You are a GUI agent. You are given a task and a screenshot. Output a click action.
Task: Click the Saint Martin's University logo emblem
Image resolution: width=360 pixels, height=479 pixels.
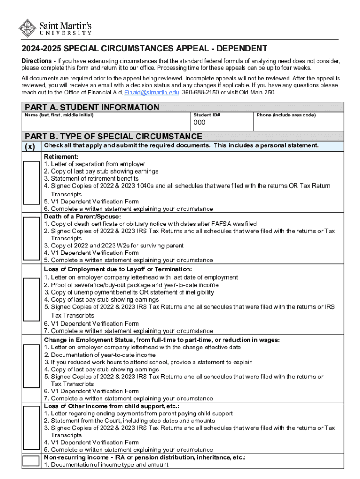pos(28,28)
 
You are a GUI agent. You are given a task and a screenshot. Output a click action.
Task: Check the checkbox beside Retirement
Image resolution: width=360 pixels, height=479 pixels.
pos(31,182)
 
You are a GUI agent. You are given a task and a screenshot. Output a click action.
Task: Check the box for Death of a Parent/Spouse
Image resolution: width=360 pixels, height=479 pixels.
pos(31,239)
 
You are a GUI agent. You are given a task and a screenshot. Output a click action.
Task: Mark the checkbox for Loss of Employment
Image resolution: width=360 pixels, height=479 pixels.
pos(31,300)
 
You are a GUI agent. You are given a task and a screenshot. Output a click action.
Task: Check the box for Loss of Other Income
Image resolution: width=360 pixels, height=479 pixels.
pos(31,428)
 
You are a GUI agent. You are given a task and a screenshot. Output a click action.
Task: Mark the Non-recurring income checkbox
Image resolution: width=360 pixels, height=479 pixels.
pos(31,461)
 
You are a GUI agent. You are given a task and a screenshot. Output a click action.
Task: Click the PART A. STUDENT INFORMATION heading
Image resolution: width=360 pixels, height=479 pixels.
pos(92,108)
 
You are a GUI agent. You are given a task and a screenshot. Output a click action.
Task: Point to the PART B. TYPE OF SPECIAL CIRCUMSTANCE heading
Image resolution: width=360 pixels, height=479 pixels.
pos(114,136)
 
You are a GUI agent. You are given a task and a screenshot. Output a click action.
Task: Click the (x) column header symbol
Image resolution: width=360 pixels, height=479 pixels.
pos(31,146)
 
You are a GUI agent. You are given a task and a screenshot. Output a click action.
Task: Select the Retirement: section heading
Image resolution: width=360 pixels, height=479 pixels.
pos(61,157)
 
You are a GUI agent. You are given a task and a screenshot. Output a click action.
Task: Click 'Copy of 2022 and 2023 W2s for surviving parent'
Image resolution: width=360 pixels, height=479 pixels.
pos(114,246)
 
